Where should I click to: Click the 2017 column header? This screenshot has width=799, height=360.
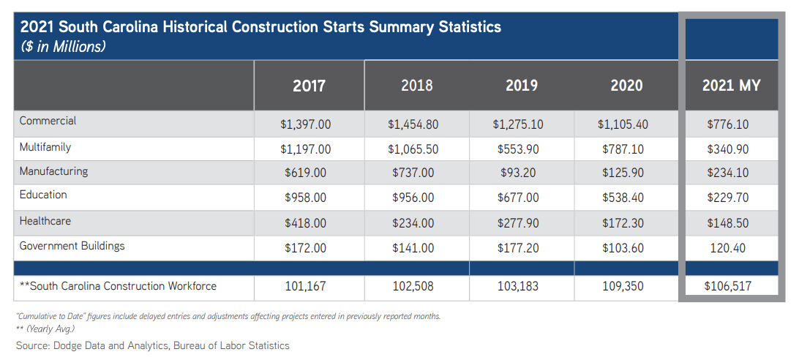coord(309,86)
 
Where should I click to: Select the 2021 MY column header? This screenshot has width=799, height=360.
coord(731,86)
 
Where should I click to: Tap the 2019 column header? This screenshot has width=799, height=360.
coord(522,86)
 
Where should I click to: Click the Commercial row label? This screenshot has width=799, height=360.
coord(48,121)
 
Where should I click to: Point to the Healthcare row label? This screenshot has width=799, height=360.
coord(45,221)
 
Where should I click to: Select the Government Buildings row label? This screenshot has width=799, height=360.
coord(72,246)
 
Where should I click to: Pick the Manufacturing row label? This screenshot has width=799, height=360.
coord(53,171)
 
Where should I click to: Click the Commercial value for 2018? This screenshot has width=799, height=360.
coord(413,124)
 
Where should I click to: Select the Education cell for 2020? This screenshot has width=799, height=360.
coord(623,198)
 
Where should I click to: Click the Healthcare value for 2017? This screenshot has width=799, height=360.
coord(305,223)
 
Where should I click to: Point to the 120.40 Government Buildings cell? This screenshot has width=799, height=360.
coord(728,248)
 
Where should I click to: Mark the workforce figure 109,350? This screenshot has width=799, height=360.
coord(623,286)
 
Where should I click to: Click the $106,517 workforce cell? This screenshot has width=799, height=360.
coord(728,286)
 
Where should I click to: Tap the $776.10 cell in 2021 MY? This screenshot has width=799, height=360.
coord(728,124)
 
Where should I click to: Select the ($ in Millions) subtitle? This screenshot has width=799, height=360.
coord(64,47)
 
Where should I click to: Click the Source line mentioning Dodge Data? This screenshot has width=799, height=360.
coord(153,345)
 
